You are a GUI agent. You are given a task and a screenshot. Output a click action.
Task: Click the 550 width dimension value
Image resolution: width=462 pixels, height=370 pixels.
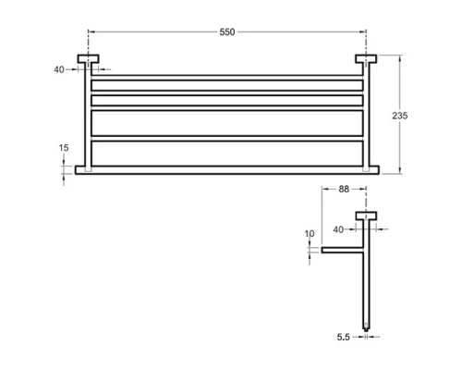[x=227, y=32]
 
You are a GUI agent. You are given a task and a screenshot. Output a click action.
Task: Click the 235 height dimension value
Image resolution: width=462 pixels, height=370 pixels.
[x=400, y=116]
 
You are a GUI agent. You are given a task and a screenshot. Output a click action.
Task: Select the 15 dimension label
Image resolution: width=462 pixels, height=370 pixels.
[x=64, y=148]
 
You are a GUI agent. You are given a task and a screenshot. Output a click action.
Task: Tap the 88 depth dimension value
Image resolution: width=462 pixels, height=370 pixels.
[x=344, y=189]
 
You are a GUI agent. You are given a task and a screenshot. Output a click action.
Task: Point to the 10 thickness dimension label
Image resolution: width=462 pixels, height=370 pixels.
[x=310, y=234]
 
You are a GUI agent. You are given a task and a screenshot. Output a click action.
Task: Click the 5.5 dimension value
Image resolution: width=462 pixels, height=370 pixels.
[x=343, y=337]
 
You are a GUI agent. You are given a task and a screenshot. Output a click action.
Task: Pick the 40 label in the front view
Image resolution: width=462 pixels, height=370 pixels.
[x=59, y=70]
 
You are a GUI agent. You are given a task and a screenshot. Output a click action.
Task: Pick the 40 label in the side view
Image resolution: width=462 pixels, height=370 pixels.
[x=338, y=229]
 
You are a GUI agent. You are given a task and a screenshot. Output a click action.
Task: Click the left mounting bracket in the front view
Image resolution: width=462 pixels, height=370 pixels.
[x=88, y=59]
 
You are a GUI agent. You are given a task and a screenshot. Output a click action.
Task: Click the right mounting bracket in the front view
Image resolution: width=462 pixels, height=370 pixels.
[x=366, y=59]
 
